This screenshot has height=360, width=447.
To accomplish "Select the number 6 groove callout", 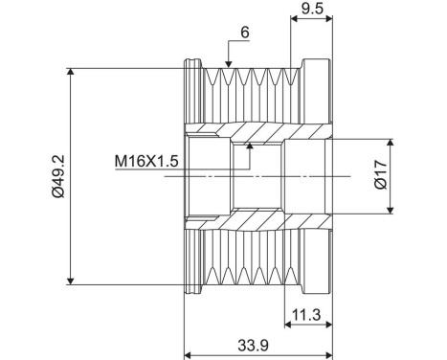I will click(x=245, y=32).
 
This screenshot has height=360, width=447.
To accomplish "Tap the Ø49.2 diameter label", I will click(x=58, y=176).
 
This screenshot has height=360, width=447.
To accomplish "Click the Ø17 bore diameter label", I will click(x=380, y=176).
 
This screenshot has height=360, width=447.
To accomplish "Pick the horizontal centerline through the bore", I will click(x=287, y=176).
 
